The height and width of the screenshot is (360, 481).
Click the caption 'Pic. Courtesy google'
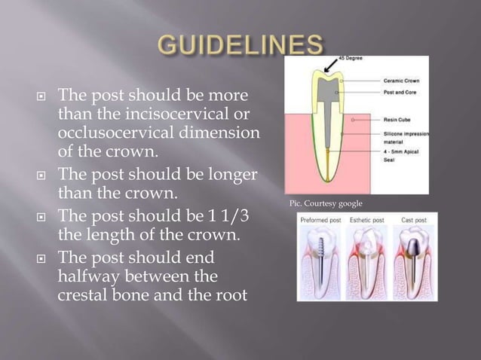pyautogui.click(x=326, y=204)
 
